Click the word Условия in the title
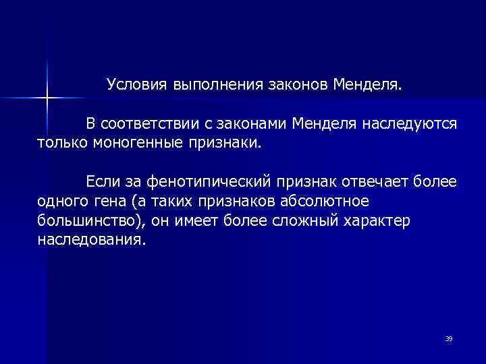(x=136, y=86)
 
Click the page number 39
(x=449, y=338)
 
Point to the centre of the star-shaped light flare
(x=47, y=98)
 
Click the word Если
(x=101, y=183)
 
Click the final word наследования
(x=90, y=240)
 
